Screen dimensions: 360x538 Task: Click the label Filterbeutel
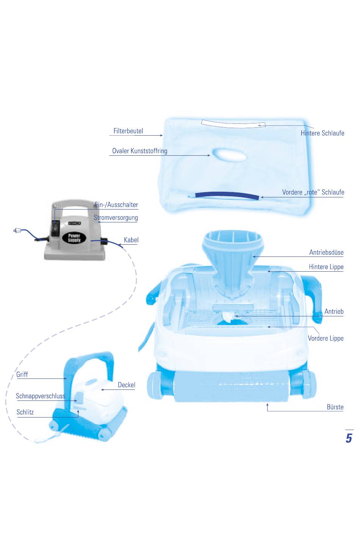coord(128,131)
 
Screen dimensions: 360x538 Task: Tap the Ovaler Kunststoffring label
coord(140,151)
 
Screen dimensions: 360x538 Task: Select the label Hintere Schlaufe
coord(322,133)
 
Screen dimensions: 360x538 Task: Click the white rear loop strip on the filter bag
coord(233,124)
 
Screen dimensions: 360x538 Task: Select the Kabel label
coord(131,240)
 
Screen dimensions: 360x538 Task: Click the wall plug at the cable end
coord(17,231)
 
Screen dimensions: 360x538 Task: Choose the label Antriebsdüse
coord(326,252)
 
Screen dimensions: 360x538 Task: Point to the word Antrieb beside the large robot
coord(334,311)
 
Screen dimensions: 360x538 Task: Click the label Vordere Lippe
coord(326,338)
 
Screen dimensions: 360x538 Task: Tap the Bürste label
coord(335,407)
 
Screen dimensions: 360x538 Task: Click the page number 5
coord(349,438)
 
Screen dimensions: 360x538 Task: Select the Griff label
coord(22,374)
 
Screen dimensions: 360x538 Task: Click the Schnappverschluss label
coord(41,396)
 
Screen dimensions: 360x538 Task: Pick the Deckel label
coord(127,385)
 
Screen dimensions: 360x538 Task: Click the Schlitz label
coord(25,412)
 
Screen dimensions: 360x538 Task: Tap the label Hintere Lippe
coord(326,267)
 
